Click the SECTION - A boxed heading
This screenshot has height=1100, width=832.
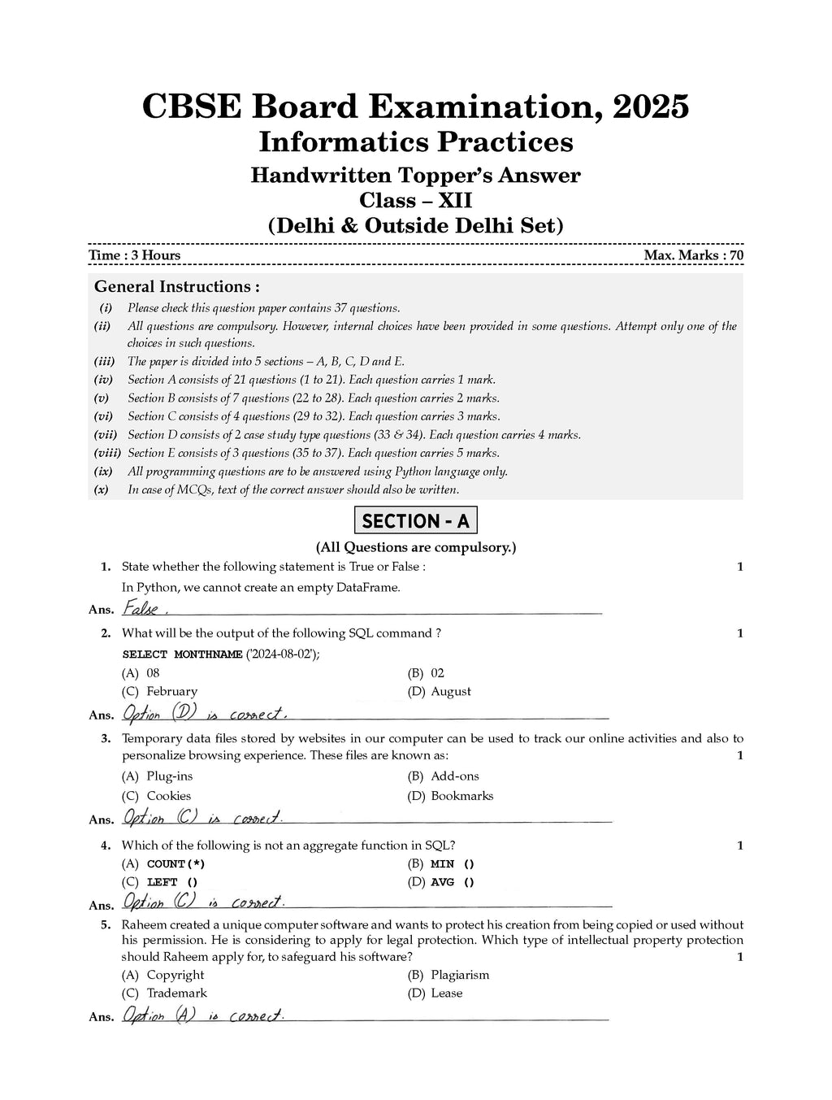(415, 520)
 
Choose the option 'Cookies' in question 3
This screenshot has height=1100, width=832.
(168, 796)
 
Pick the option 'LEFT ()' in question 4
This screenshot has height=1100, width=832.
(172, 882)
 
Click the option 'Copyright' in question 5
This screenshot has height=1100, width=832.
(175, 975)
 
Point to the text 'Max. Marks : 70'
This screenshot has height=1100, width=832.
(693, 255)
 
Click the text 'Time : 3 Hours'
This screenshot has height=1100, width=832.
(135, 255)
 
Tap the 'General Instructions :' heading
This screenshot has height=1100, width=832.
(177, 286)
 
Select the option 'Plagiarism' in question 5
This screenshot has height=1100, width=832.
(460, 975)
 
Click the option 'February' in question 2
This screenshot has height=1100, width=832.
(171, 691)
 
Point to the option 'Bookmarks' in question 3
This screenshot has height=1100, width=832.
(461, 796)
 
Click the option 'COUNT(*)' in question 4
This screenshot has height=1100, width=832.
(175, 864)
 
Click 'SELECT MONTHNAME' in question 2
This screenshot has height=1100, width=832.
(182, 654)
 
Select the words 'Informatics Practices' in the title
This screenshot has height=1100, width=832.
(415, 141)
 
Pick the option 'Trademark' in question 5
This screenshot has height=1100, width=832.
(176, 993)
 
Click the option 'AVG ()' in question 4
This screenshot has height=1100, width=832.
(453, 882)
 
